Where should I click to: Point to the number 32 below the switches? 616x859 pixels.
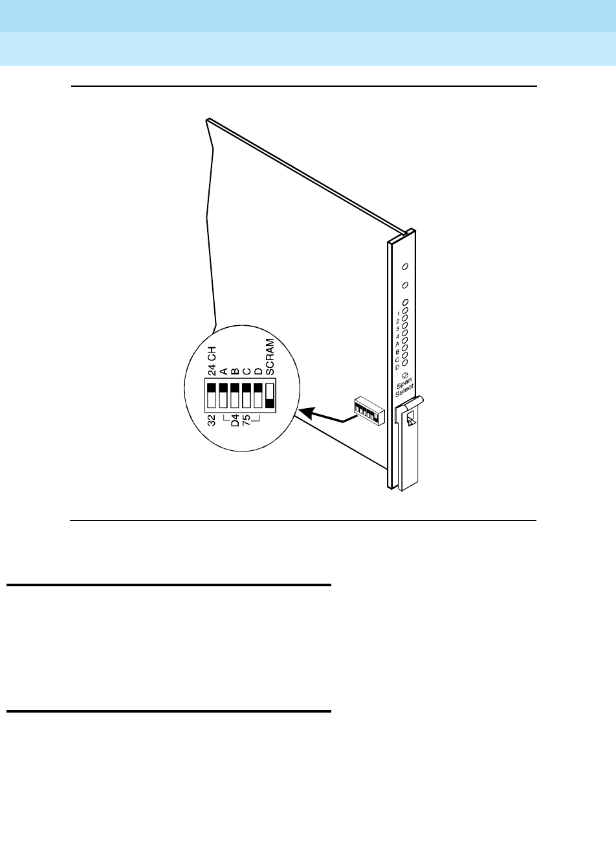pyautogui.click(x=212, y=421)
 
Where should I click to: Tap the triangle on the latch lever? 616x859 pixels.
pyautogui.click(x=409, y=422)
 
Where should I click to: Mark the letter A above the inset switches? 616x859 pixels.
pyautogui.click(x=223, y=371)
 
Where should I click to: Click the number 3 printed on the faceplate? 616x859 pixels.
pyautogui.click(x=399, y=328)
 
